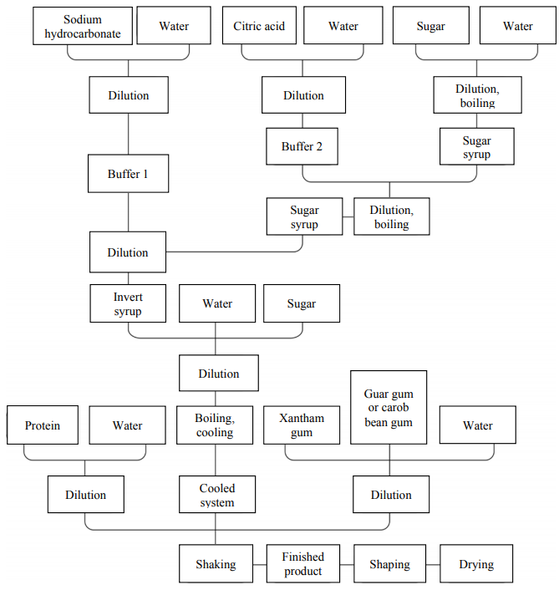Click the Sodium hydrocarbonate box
[83, 26]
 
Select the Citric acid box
[259, 26]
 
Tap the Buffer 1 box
[128, 175]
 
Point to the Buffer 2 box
[302, 146]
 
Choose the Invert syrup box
[128, 303]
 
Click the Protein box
[43, 425]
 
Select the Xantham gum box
[302, 425]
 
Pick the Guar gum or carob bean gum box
[389, 407]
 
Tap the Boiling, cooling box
[215, 425]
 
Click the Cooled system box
[217, 495]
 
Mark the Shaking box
[216, 564]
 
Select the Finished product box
[303, 564]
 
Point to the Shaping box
[389, 564]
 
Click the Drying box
[475, 564]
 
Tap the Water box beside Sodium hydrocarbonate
[174, 26]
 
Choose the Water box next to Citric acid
[343, 26]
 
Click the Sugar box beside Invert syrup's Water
[302, 303]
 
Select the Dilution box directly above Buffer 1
[128, 95]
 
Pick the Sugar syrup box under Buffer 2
[304, 216]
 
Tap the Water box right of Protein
[127, 425]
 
